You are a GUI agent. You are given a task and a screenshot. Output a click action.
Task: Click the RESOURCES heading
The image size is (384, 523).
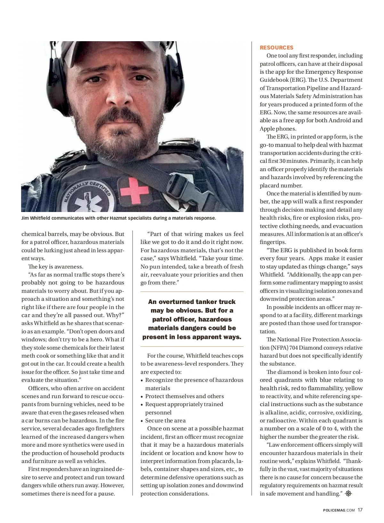point(276,48)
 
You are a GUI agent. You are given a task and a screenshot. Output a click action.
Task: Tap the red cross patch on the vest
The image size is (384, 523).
point(135,191)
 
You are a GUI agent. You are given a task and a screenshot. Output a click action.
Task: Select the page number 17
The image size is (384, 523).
point(360,510)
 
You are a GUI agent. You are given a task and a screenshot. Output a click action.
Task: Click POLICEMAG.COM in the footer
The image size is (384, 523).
point(339,510)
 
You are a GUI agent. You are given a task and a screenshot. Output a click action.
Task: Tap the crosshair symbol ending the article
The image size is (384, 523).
point(348,494)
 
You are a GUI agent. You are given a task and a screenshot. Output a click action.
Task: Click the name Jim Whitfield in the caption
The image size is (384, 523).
point(36,218)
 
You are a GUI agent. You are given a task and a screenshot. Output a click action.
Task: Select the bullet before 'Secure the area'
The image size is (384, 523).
point(142,421)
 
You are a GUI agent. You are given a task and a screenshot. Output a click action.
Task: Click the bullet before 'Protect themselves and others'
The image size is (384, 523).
point(142,397)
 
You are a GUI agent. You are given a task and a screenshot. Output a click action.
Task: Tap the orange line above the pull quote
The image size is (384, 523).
point(192,292)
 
